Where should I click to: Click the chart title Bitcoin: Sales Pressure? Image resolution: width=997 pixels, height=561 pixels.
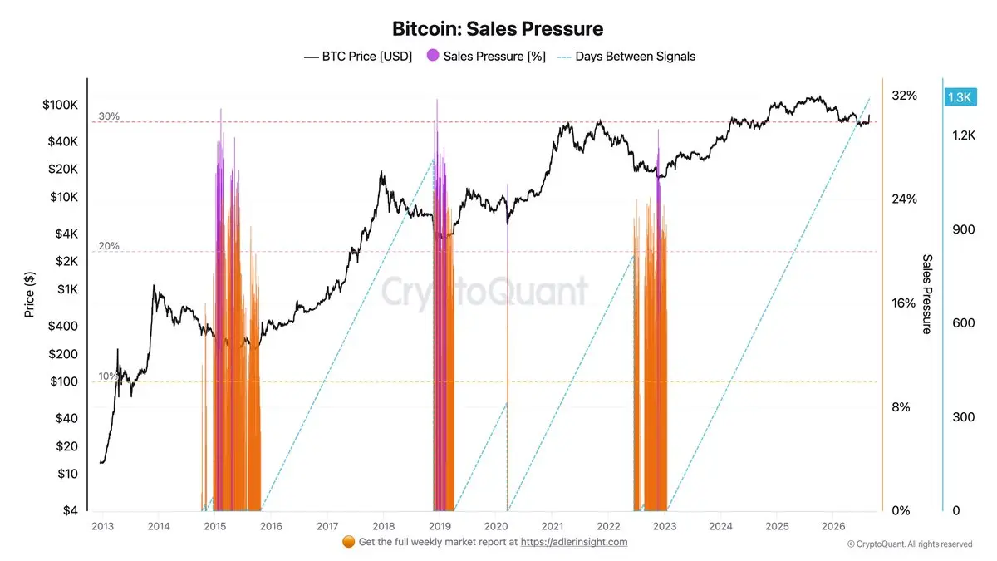click(x=498, y=29)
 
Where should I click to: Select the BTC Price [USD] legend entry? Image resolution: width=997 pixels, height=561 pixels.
click(x=358, y=57)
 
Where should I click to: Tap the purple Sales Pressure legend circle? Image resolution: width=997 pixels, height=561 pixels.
click(x=433, y=55)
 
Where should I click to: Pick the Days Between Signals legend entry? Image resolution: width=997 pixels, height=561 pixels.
click(x=626, y=57)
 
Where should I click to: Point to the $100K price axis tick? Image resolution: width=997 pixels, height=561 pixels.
click(x=60, y=105)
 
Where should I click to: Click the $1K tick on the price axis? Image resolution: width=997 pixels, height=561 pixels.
click(x=67, y=289)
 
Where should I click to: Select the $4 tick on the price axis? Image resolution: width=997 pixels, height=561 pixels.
click(x=71, y=510)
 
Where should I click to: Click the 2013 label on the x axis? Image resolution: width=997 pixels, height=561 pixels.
click(x=102, y=526)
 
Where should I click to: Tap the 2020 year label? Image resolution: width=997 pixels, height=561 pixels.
click(x=496, y=526)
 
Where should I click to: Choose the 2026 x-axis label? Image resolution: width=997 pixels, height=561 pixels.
click(x=833, y=526)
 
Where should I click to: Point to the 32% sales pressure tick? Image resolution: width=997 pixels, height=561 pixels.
click(x=904, y=96)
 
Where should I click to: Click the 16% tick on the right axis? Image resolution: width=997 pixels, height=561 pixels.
click(x=904, y=303)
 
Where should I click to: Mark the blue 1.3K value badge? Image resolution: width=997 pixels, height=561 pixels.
click(x=960, y=97)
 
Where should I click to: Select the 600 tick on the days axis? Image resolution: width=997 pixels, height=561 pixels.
click(x=964, y=322)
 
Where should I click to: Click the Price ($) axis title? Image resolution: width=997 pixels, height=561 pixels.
click(x=29, y=294)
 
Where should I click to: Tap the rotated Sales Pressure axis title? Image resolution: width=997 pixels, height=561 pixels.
click(x=926, y=294)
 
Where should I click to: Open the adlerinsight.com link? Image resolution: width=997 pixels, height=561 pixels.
click(x=574, y=542)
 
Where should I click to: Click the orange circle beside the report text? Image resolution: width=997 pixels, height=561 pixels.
click(x=348, y=541)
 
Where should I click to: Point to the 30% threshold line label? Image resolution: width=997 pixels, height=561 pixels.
click(x=109, y=116)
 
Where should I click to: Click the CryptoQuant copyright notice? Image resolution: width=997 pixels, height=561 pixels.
click(x=910, y=544)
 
